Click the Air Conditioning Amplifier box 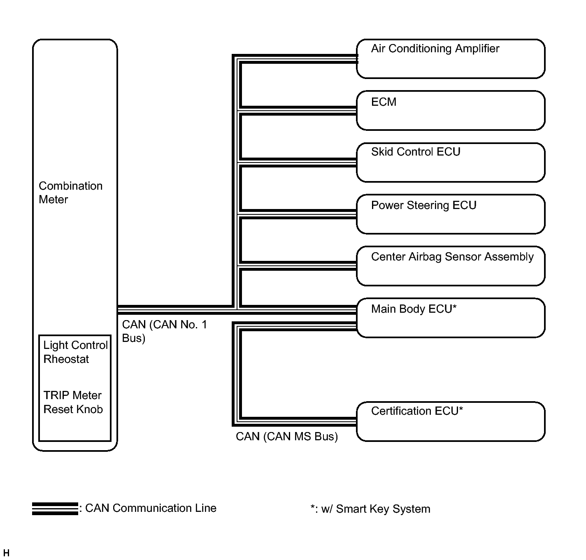pyautogui.click(x=451, y=59)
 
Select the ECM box pyautogui.click(x=451, y=111)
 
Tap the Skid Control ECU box pyautogui.click(x=451, y=163)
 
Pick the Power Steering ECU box pyautogui.click(x=451, y=214)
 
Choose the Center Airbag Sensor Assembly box pyautogui.click(x=451, y=266)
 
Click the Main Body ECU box pyautogui.click(x=451, y=318)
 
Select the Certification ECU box pyautogui.click(x=451, y=422)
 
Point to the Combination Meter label pyautogui.click(x=70, y=193)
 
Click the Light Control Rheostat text pyautogui.click(x=75, y=352)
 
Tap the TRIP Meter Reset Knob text pyautogui.click(x=73, y=402)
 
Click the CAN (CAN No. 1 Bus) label pyautogui.click(x=165, y=331)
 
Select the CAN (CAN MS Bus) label pyautogui.click(x=287, y=437)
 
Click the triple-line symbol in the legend pyautogui.click(x=55, y=509)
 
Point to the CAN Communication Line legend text pyautogui.click(x=151, y=508)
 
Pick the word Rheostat pyautogui.click(x=66, y=359)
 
